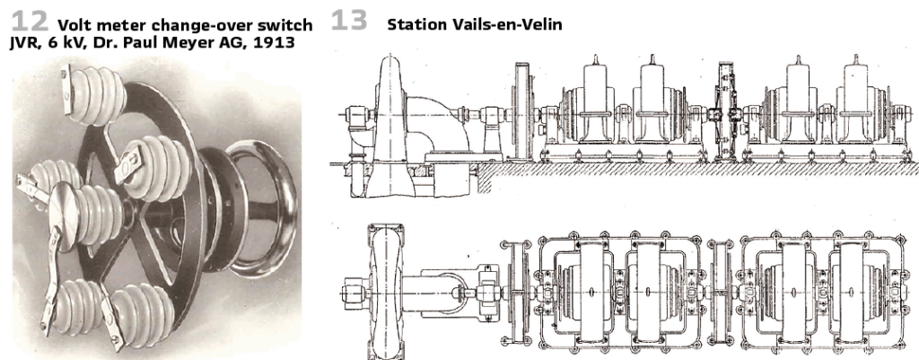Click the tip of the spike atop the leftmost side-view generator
[596, 55]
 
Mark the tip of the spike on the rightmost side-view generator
[855, 55]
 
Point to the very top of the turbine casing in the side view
[390, 55]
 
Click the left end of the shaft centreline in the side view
[338, 114]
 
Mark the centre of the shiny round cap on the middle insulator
[64, 207]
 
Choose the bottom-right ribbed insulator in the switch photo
[141, 312]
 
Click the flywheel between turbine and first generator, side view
[523, 111]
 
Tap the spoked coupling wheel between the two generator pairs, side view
[727, 111]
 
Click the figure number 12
[30, 22]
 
